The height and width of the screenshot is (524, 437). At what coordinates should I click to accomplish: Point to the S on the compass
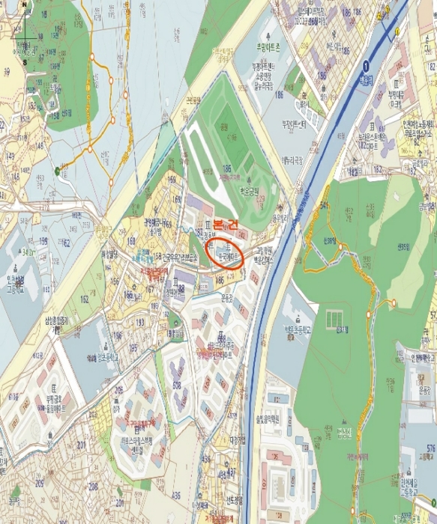25,62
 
